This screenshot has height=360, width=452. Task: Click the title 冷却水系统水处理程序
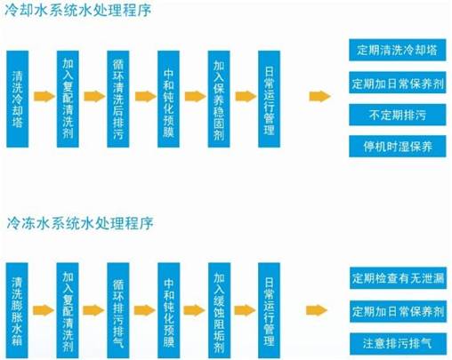coord(78,10)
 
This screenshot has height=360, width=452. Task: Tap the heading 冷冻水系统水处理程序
coord(80,222)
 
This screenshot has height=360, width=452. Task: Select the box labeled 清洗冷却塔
coord(18,99)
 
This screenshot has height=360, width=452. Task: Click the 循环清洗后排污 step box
coord(118,99)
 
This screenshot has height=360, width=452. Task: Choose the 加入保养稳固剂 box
coord(219,99)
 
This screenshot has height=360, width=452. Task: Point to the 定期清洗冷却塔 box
coord(398,50)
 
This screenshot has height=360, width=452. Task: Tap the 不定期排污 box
coord(398,115)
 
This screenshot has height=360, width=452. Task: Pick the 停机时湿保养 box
coord(398,147)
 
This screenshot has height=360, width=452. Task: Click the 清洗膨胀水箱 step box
coord(17,310)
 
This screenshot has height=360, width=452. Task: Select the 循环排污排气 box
coord(118,310)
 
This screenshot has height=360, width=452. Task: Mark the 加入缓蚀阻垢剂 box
coord(219,310)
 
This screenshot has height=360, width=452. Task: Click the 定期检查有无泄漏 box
coord(398,278)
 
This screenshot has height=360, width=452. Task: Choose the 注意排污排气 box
coord(398,344)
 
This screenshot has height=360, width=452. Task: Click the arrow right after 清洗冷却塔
coord(44,97)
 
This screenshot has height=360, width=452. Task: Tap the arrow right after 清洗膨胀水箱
coord(44,310)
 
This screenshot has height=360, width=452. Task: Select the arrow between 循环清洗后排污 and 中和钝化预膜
coord(146,97)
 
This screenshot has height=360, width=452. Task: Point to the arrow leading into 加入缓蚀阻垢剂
coord(194,310)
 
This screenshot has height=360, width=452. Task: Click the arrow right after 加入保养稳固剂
coord(246,97)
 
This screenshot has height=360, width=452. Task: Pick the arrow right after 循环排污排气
coord(145,310)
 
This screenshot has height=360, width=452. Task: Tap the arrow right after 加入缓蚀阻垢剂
coord(245,310)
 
